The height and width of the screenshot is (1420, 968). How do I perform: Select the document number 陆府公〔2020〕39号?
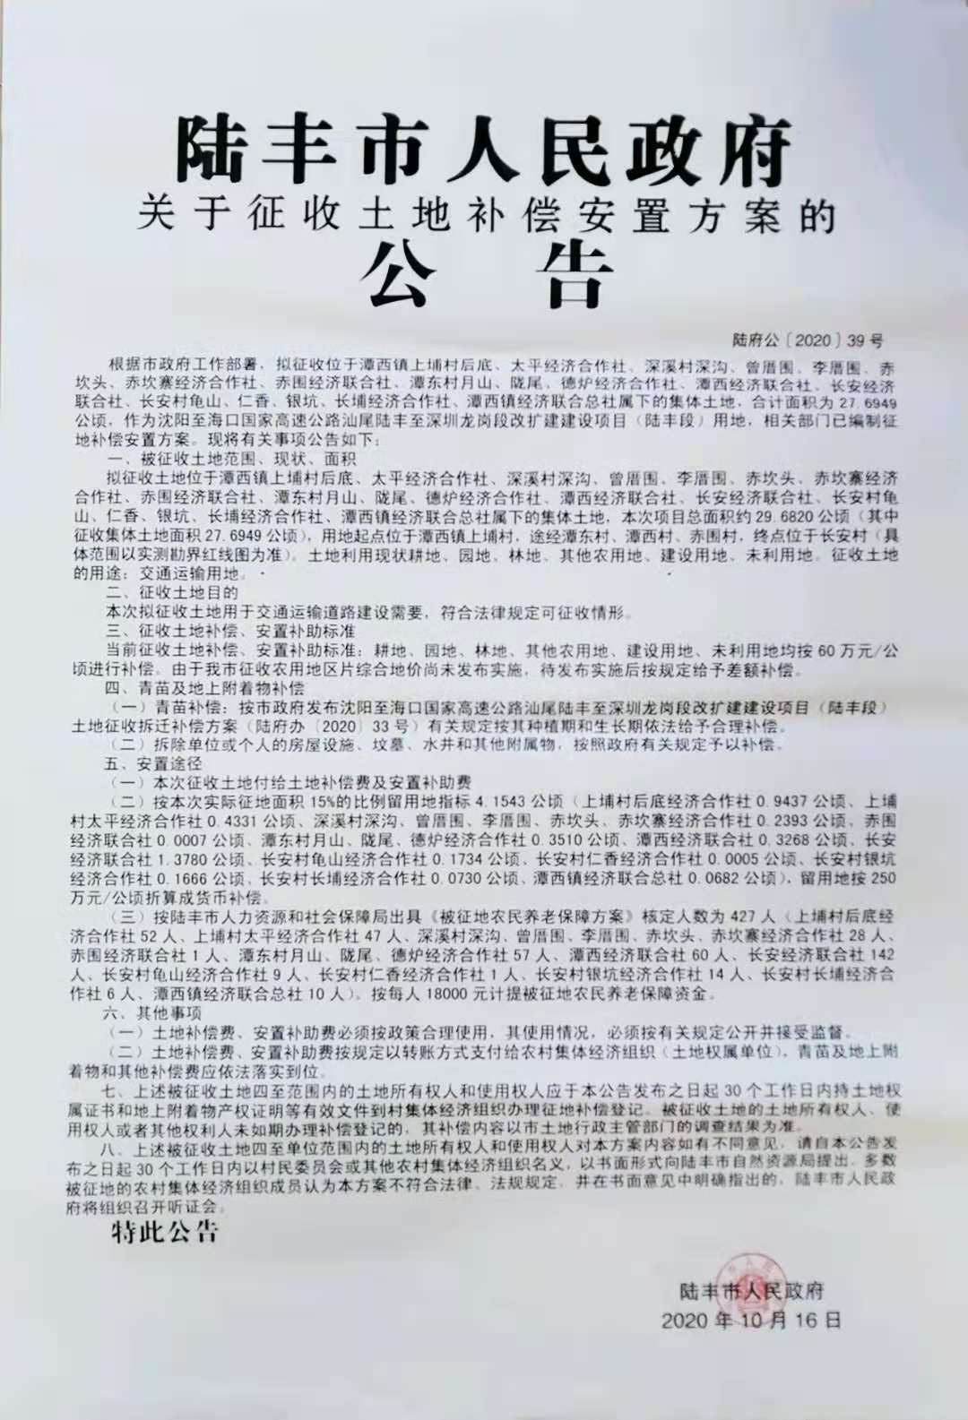pos(807,340)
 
